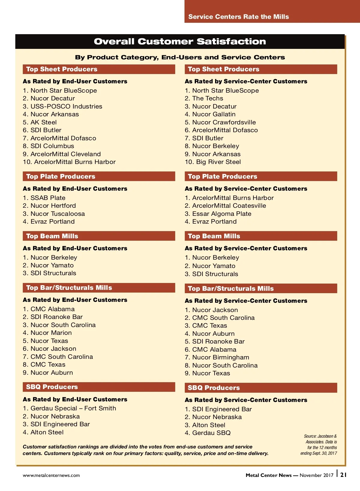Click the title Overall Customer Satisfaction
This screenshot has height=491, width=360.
coord(180,41)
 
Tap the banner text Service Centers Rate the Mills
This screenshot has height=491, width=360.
coord(238,17)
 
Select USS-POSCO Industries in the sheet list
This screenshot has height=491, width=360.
coord(66,106)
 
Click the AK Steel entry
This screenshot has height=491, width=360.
coord(43,122)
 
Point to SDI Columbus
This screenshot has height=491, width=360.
coord(52,146)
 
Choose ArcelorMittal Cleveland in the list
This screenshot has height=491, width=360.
coord(65,154)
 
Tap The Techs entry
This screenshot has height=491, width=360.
coord(207,98)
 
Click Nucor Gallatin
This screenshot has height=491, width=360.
coord(214,114)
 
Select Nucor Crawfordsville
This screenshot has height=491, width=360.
coord(224,122)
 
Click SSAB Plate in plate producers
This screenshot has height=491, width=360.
coord(48,198)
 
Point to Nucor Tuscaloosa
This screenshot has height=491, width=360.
coord(57,214)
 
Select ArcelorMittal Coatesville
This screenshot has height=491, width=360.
coord(229,206)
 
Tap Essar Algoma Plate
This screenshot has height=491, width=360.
coord(221,214)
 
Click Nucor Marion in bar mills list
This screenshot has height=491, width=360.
coord(51,333)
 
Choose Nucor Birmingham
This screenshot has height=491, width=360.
coord(220,357)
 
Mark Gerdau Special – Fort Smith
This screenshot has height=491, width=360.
coord(73,408)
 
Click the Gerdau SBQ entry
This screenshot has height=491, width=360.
coord(211,433)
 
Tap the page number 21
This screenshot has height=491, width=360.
coord(343,475)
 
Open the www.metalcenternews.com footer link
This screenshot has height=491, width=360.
coord(51,475)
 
